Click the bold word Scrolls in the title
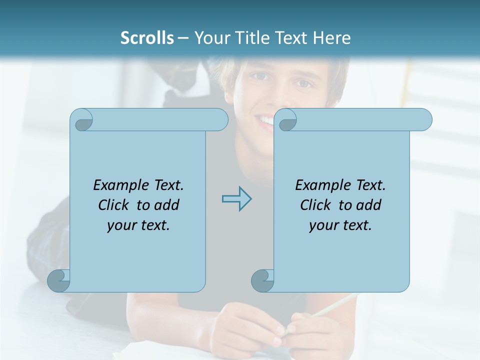tap(147, 38)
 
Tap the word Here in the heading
tap(331, 38)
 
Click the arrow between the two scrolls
tap(236, 198)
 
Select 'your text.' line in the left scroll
tap(138, 225)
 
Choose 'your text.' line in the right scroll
tap(340, 225)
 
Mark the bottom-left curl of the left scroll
tap(59, 280)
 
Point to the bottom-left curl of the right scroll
tap(262, 280)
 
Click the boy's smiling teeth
tap(265, 120)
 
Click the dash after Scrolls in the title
tap(183, 38)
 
